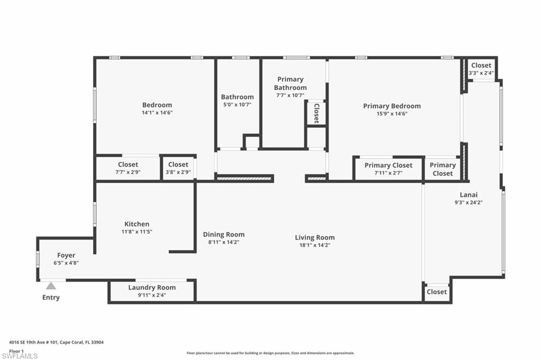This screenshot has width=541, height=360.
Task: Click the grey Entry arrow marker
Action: click(51, 286)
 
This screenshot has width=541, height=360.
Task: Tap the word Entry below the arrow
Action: click(51, 297)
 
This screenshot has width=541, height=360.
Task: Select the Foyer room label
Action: click(66, 255)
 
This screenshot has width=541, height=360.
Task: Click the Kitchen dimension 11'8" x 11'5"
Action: click(137, 232)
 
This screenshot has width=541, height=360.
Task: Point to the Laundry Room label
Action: click(152, 288)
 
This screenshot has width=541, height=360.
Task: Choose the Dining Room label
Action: click(223, 234)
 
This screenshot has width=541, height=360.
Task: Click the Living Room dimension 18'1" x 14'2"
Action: click(314, 245)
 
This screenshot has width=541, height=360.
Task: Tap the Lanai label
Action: click(468, 194)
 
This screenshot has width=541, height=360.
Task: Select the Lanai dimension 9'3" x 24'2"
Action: click(468, 202)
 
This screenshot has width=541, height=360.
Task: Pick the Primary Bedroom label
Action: click(391, 106)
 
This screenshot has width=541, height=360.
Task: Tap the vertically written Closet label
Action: click(316, 113)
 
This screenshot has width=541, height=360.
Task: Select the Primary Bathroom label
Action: click(290, 83)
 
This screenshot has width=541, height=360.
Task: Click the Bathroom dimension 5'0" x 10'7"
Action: click(237, 105)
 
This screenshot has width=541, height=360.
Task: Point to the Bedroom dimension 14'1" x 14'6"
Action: click(157, 112)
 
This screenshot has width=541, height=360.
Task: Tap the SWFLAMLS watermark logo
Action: click(20, 356)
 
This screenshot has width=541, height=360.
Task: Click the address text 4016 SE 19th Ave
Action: click(37, 342)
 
